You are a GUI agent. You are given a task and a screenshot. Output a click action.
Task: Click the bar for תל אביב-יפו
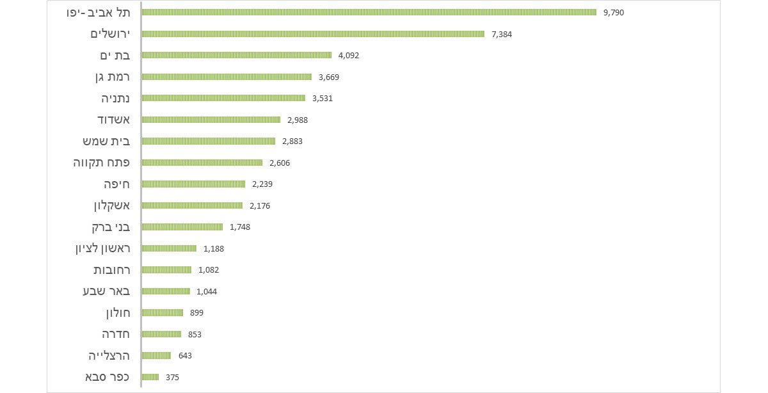point(369,12)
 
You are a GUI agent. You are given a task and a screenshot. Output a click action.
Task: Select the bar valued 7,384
point(313,34)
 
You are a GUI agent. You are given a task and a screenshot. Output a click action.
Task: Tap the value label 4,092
point(349,56)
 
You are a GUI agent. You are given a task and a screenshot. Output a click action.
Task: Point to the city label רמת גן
point(111,77)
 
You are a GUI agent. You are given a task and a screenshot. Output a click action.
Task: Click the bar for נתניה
point(223,98)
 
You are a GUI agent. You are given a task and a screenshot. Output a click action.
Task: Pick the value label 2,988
point(298,120)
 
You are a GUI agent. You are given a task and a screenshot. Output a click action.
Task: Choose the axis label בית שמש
point(102,141)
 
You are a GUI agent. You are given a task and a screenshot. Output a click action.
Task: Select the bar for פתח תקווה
point(202,163)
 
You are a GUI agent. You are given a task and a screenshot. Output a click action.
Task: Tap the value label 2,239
point(262,184)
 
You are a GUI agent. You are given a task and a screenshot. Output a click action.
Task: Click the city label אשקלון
point(111,205)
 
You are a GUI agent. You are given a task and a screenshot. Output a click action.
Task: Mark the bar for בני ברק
point(182,227)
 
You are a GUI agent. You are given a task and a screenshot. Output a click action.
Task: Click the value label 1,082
point(209,270)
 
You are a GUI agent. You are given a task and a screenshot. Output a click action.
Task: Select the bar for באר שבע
point(166,291)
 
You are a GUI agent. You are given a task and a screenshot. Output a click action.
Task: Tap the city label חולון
point(118,313)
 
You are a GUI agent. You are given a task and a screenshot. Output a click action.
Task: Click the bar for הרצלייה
point(156,356)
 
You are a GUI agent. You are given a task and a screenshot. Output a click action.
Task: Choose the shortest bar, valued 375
point(150,377)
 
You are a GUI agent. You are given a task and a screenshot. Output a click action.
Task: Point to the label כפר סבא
point(108,377)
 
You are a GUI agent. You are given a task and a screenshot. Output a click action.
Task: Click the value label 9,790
point(614,12)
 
